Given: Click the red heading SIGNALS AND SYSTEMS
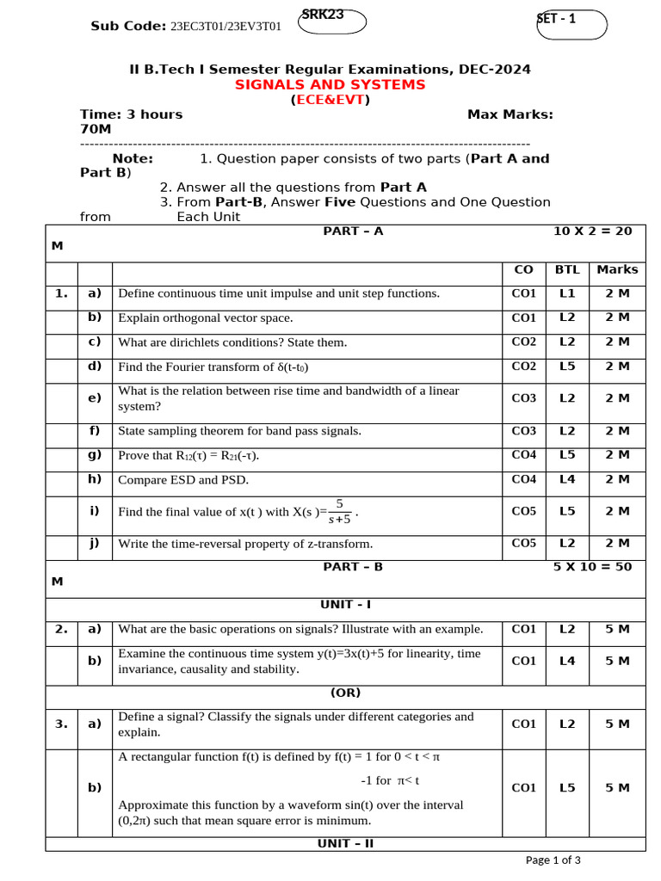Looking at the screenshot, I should point(330,84).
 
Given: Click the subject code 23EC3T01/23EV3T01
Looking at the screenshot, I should point(226,27).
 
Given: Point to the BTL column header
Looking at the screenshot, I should point(567,269).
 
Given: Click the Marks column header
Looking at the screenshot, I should point(617,269).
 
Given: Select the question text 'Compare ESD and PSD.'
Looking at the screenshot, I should point(177,480).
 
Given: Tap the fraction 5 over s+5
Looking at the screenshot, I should point(339,511).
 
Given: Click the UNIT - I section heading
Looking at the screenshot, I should point(345,605).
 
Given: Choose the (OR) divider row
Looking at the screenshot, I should point(345,693).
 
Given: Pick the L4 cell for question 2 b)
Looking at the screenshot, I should point(567,661).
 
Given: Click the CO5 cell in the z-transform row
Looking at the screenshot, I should point(523,543).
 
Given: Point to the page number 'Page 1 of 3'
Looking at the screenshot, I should point(553,859).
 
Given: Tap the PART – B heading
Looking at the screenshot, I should point(353,567).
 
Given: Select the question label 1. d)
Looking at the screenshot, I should point(95,367).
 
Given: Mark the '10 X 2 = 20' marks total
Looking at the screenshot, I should point(592,231).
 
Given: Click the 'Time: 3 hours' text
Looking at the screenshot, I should point(132,114).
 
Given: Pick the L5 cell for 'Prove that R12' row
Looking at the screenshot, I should point(567,455).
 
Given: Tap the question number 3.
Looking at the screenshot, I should point(61,724).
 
